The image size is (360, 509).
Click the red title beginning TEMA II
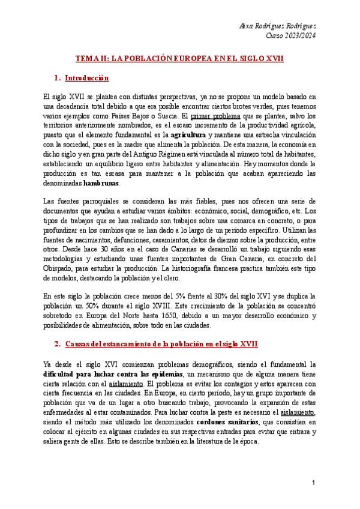pyautogui.click(x=179, y=59)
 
